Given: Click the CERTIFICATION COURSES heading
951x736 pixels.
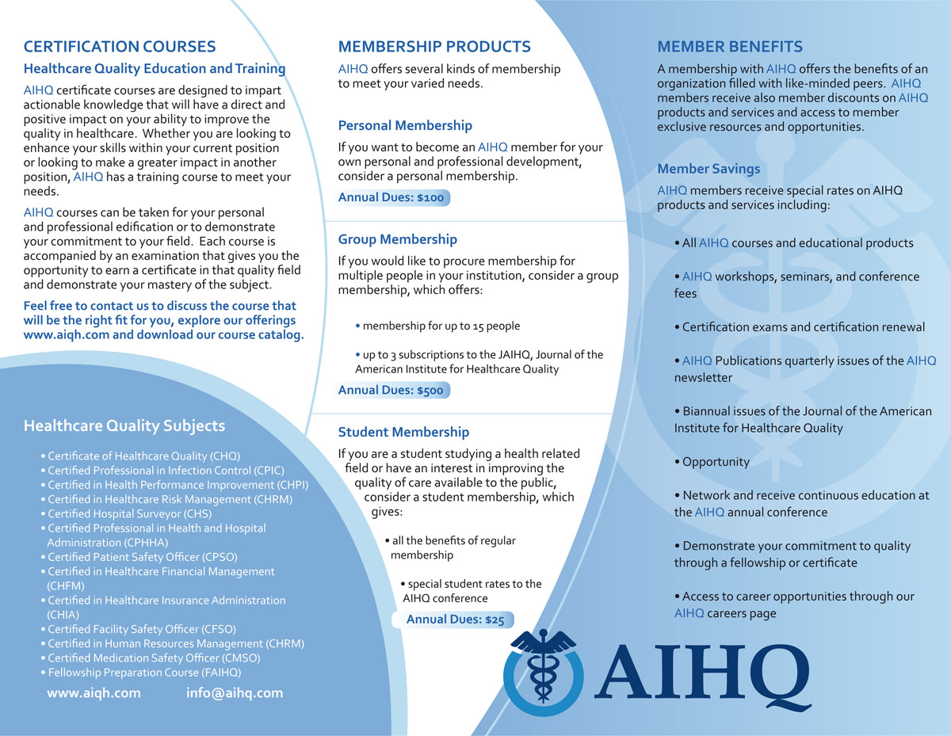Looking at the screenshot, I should click(120, 47).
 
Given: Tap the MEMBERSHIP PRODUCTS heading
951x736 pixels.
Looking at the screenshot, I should click(434, 47).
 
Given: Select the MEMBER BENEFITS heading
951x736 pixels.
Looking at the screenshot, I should click(730, 47).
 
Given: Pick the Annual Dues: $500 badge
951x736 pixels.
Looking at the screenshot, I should click(393, 390).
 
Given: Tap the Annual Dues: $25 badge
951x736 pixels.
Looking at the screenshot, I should click(455, 620).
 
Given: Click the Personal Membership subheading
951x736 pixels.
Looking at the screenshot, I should click(405, 125).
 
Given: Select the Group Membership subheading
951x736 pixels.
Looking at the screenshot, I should click(398, 239).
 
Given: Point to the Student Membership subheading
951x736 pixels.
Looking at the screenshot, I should click(403, 432).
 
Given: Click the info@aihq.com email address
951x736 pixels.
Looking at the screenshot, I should click(235, 692).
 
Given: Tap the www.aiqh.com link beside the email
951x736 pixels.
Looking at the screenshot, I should click(94, 692).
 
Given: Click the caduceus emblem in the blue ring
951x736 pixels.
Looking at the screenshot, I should click(544, 669).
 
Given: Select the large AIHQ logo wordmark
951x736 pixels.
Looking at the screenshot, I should click(701, 672).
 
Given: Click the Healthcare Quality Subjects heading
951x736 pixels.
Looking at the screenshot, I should click(124, 425).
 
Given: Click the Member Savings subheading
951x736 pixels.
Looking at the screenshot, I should click(708, 169).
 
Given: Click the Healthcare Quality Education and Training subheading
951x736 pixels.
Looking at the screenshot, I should click(155, 69).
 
